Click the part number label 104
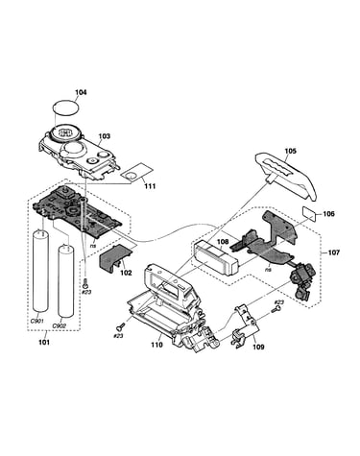[81, 92]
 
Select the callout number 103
[104, 136]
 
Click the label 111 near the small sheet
[150, 186]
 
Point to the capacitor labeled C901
[41, 270]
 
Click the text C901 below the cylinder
[37, 321]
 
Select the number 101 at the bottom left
[44, 342]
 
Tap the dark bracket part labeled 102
[115, 257]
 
